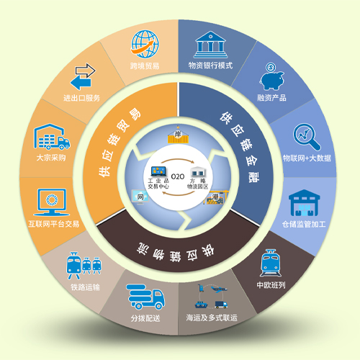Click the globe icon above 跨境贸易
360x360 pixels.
pyautogui.click(x=145, y=44)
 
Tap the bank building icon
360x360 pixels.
pyautogui.click(x=210, y=45)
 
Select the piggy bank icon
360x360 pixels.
pyautogui.click(x=271, y=76)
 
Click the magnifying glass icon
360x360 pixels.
pyautogui.click(x=307, y=137)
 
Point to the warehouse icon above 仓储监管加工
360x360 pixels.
pyautogui.click(x=304, y=203)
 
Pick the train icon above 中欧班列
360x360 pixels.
pyautogui.click(x=271, y=263)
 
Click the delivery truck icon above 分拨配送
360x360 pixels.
pyautogui.click(x=145, y=297)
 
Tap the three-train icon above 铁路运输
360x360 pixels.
pyautogui.click(x=84, y=266)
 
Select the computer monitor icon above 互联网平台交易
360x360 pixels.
pyautogui.click(x=52, y=202)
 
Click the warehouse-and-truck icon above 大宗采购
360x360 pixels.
pyautogui.click(x=52, y=137)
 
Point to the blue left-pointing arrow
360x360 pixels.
pyautogui.click(x=81, y=83)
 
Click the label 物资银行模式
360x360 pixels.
pyautogui.click(x=210, y=66)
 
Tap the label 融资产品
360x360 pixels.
pyautogui.click(x=271, y=98)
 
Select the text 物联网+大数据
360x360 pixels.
pyautogui.click(x=307, y=158)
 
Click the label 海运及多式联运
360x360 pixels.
pyautogui.click(x=212, y=318)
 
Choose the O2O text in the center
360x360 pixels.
pyautogui.click(x=178, y=176)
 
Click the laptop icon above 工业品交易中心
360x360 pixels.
pyautogui.click(x=158, y=171)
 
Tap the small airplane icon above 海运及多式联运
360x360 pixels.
pyautogui.click(x=219, y=289)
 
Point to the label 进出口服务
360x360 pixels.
pyautogui.click(x=81, y=98)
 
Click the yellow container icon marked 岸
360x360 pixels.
pyautogui.click(x=179, y=136)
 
